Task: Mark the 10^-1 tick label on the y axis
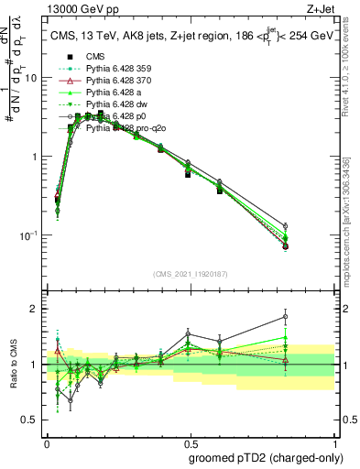pyautogui.click(x=30, y=235)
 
